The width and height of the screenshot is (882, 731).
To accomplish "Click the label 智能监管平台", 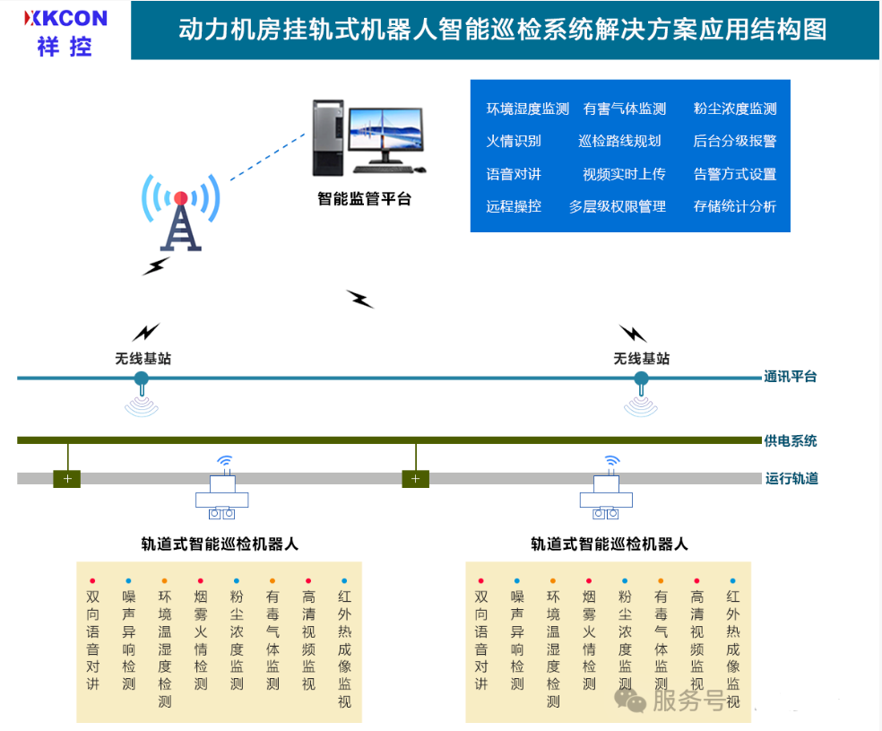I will pyautogui.click(x=365, y=199).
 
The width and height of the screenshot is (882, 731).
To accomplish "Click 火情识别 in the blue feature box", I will pyautogui.click(x=514, y=141).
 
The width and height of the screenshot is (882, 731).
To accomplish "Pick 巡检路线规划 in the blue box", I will pyautogui.click(x=619, y=141).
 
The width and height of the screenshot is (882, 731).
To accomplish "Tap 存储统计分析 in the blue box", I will pyautogui.click(x=735, y=206).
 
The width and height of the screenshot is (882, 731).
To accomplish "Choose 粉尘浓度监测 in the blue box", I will pyautogui.click(x=735, y=109).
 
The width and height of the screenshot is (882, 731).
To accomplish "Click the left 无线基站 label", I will pyautogui.click(x=143, y=359).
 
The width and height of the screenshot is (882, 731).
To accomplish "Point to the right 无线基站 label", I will pyautogui.click(x=641, y=359).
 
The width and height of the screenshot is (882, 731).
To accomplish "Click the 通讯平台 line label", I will pyautogui.click(x=791, y=377).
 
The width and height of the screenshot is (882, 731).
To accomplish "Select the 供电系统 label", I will pyautogui.click(x=791, y=441).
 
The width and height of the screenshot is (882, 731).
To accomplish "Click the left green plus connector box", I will pyautogui.click(x=67, y=479).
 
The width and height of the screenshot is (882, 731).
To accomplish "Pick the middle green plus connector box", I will pyautogui.click(x=415, y=479).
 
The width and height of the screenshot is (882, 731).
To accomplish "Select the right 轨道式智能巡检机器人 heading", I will pyautogui.click(x=610, y=544).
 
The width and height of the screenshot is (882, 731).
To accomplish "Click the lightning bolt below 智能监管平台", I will pyautogui.click(x=360, y=300).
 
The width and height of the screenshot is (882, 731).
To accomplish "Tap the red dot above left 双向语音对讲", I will pyautogui.click(x=92, y=581).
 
